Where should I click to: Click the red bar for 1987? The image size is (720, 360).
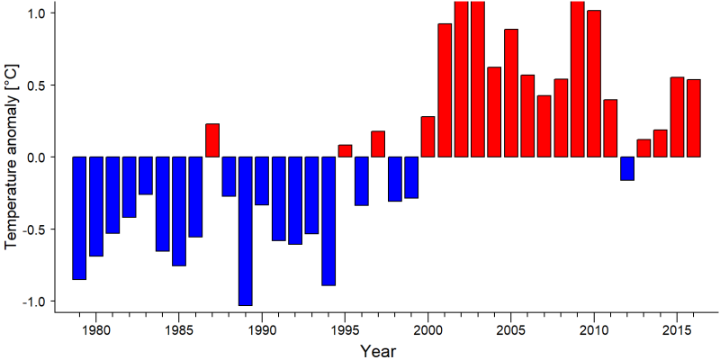pyautogui.click(x=212, y=140)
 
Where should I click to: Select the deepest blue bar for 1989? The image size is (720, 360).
pyautogui.click(x=245, y=231)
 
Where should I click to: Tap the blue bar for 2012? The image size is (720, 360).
pyautogui.click(x=627, y=168)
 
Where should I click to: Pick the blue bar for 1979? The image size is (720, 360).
pyautogui.click(x=79, y=218)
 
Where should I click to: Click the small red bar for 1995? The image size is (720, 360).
pyautogui.click(x=345, y=151)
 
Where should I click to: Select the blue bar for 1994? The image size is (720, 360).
pyautogui.click(x=328, y=220)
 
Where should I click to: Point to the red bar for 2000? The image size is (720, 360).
pyautogui.click(x=428, y=137)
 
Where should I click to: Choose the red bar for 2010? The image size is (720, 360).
pyautogui.click(x=594, y=84)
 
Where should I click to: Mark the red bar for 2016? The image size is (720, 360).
pyautogui.click(x=694, y=118)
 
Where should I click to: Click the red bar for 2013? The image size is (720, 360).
pyautogui.click(x=643, y=148)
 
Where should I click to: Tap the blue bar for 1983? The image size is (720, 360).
pyautogui.click(x=146, y=175)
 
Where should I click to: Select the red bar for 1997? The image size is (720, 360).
pyautogui.click(x=378, y=144)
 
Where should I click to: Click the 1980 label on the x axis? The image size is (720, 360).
pyautogui.click(x=96, y=330)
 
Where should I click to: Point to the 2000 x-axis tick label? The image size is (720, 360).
pyautogui.click(x=428, y=330)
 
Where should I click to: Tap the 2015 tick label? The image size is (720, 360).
pyautogui.click(x=678, y=330)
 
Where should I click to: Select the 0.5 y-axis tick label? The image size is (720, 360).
pyautogui.click(x=39, y=85)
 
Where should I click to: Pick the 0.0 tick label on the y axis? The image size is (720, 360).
pyautogui.click(x=39, y=157)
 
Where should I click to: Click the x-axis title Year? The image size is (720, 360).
pyautogui.click(x=378, y=351)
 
